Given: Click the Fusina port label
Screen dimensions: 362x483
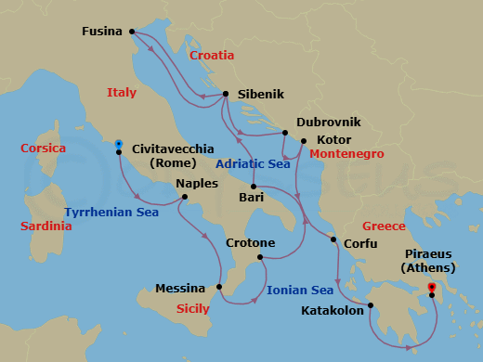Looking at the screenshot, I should pos(101,32).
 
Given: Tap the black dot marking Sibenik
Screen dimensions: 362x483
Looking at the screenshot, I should pos(226,94).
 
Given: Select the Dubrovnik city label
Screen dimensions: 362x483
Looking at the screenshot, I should pos(328,122).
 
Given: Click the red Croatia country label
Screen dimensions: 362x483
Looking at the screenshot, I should pos(212,56).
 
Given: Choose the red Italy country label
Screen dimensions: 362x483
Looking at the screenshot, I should pos(121,93).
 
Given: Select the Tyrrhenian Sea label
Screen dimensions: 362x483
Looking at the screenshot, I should pos(111,213).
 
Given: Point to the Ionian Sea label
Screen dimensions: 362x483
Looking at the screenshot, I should pos(300,291).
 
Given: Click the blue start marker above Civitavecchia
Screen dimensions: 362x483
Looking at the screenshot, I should pos(119,144).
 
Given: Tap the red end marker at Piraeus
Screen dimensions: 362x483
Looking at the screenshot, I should pos(432,287).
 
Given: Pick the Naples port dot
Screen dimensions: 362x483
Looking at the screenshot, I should pos(184,197).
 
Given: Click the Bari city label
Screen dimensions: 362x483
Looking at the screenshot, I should pos(251,198).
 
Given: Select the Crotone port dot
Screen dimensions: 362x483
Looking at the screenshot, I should pos(260,256).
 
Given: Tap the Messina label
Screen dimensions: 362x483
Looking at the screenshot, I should pos(180,289).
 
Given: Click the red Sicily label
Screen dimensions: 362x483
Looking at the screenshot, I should pos(193,308).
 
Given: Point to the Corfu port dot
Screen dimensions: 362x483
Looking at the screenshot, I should pos(333,241).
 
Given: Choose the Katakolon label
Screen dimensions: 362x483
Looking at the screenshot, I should pos(333,311).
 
